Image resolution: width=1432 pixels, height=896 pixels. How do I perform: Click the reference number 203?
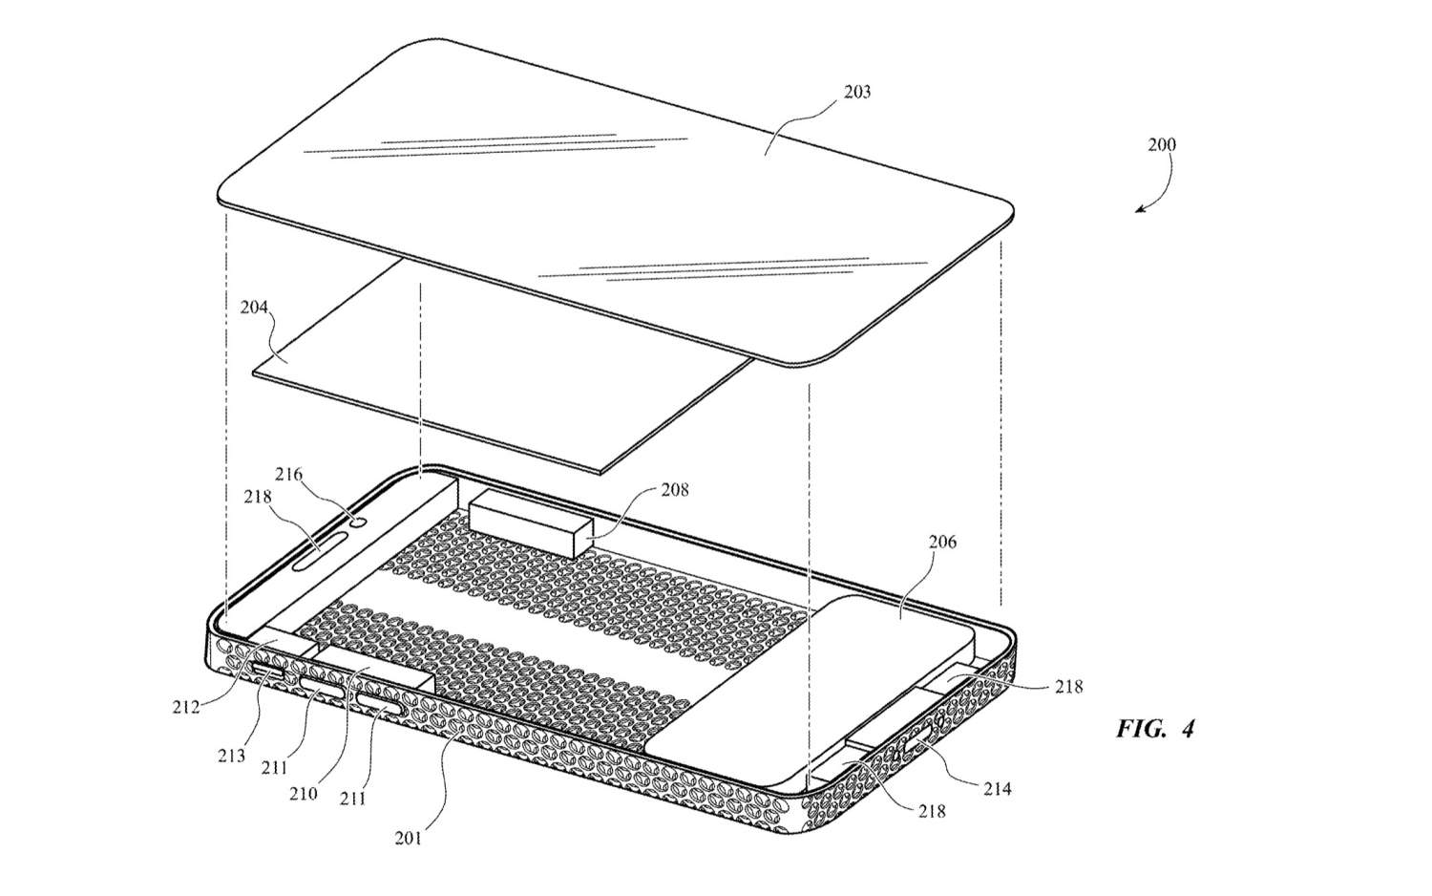click(857, 92)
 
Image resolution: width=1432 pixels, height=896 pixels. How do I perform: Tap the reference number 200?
click(1162, 144)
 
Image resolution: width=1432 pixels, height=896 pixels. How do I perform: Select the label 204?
click(254, 307)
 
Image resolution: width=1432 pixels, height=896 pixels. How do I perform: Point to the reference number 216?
click(288, 475)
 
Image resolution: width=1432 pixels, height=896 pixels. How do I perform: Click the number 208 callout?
click(675, 490)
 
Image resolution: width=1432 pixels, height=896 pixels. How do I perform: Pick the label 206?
click(942, 542)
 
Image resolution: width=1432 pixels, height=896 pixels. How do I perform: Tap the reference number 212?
click(185, 707)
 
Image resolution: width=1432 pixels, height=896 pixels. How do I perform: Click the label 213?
click(231, 756)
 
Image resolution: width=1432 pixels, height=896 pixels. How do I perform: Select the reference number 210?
click(303, 794)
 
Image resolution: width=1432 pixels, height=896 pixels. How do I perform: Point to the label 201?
click(408, 838)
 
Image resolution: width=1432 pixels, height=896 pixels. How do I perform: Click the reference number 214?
click(998, 789)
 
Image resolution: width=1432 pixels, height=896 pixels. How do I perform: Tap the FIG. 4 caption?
click(1155, 729)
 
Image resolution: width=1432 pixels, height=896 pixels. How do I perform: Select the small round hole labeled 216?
click(360, 522)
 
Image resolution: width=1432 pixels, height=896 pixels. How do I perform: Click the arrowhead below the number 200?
click(1141, 208)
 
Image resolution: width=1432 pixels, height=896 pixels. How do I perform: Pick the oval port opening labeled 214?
click(918, 742)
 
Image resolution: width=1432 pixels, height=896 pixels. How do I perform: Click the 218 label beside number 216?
click(257, 497)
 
